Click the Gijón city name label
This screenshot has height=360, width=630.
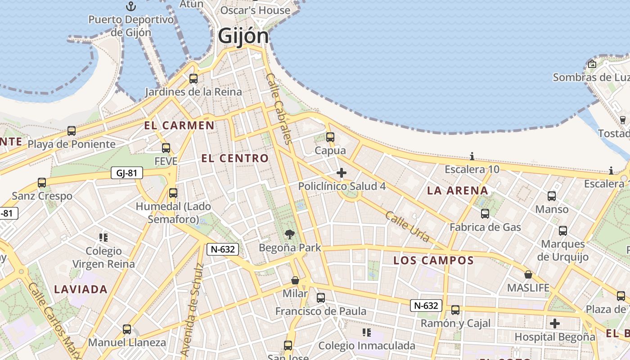[243, 36]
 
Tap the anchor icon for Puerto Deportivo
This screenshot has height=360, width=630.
[130, 6]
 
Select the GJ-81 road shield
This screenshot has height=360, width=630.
[127, 173]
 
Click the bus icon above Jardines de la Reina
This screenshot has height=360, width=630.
[193, 78]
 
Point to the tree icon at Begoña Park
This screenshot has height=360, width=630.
[290, 234]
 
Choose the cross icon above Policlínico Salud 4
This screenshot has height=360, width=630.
[342, 173]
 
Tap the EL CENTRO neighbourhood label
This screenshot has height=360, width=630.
[234, 158]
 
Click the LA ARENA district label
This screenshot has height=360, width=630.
[457, 190]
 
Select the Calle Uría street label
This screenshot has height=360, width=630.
[408, 226]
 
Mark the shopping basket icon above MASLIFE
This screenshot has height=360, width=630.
[528, 274]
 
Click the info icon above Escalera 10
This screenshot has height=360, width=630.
[472, 157]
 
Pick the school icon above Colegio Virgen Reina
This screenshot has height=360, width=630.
[103, 237]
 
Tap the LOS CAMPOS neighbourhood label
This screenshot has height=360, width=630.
[433, 261]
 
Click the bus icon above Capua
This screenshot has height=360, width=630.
[330, 137]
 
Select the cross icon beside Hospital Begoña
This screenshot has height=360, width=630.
[555, 323]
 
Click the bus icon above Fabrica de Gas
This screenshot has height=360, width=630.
[485, 214]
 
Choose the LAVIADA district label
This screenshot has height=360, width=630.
[81, 289]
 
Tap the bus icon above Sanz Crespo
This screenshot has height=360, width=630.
[42, 183]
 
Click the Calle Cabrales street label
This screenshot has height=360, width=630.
[279, 108]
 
